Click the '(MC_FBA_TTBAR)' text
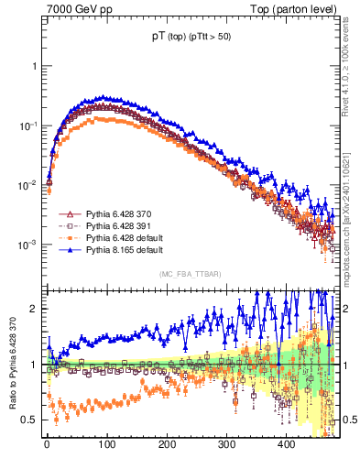coord(187,275)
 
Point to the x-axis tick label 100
coord(106,445)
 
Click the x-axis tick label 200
coord(167,445)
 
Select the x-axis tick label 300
coord(226,445)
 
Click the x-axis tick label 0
coord(47,445)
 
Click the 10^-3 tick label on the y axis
coord(28,245)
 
